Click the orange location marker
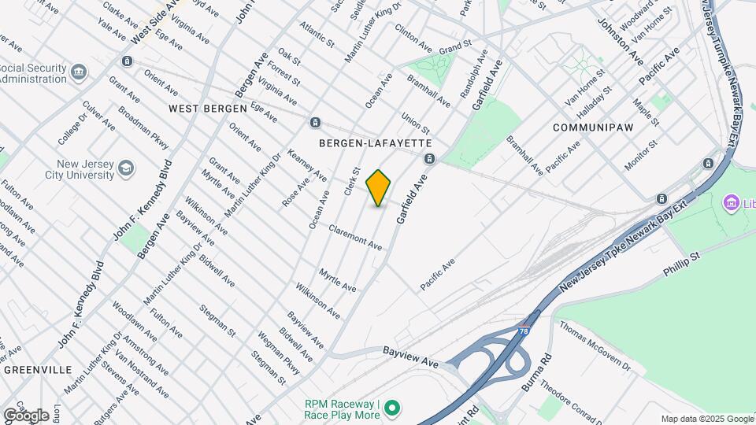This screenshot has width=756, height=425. (x=379, y=187)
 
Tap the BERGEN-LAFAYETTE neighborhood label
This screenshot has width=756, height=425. (x=376, y=143)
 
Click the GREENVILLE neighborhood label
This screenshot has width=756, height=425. (x=38, y=369)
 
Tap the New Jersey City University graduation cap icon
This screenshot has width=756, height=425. (x=126, y=168)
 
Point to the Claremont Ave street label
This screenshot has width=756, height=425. (x=355, y=236)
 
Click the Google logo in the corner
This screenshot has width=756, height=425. (x=26, y=415)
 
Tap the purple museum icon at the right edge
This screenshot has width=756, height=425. (x=730, y=205)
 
